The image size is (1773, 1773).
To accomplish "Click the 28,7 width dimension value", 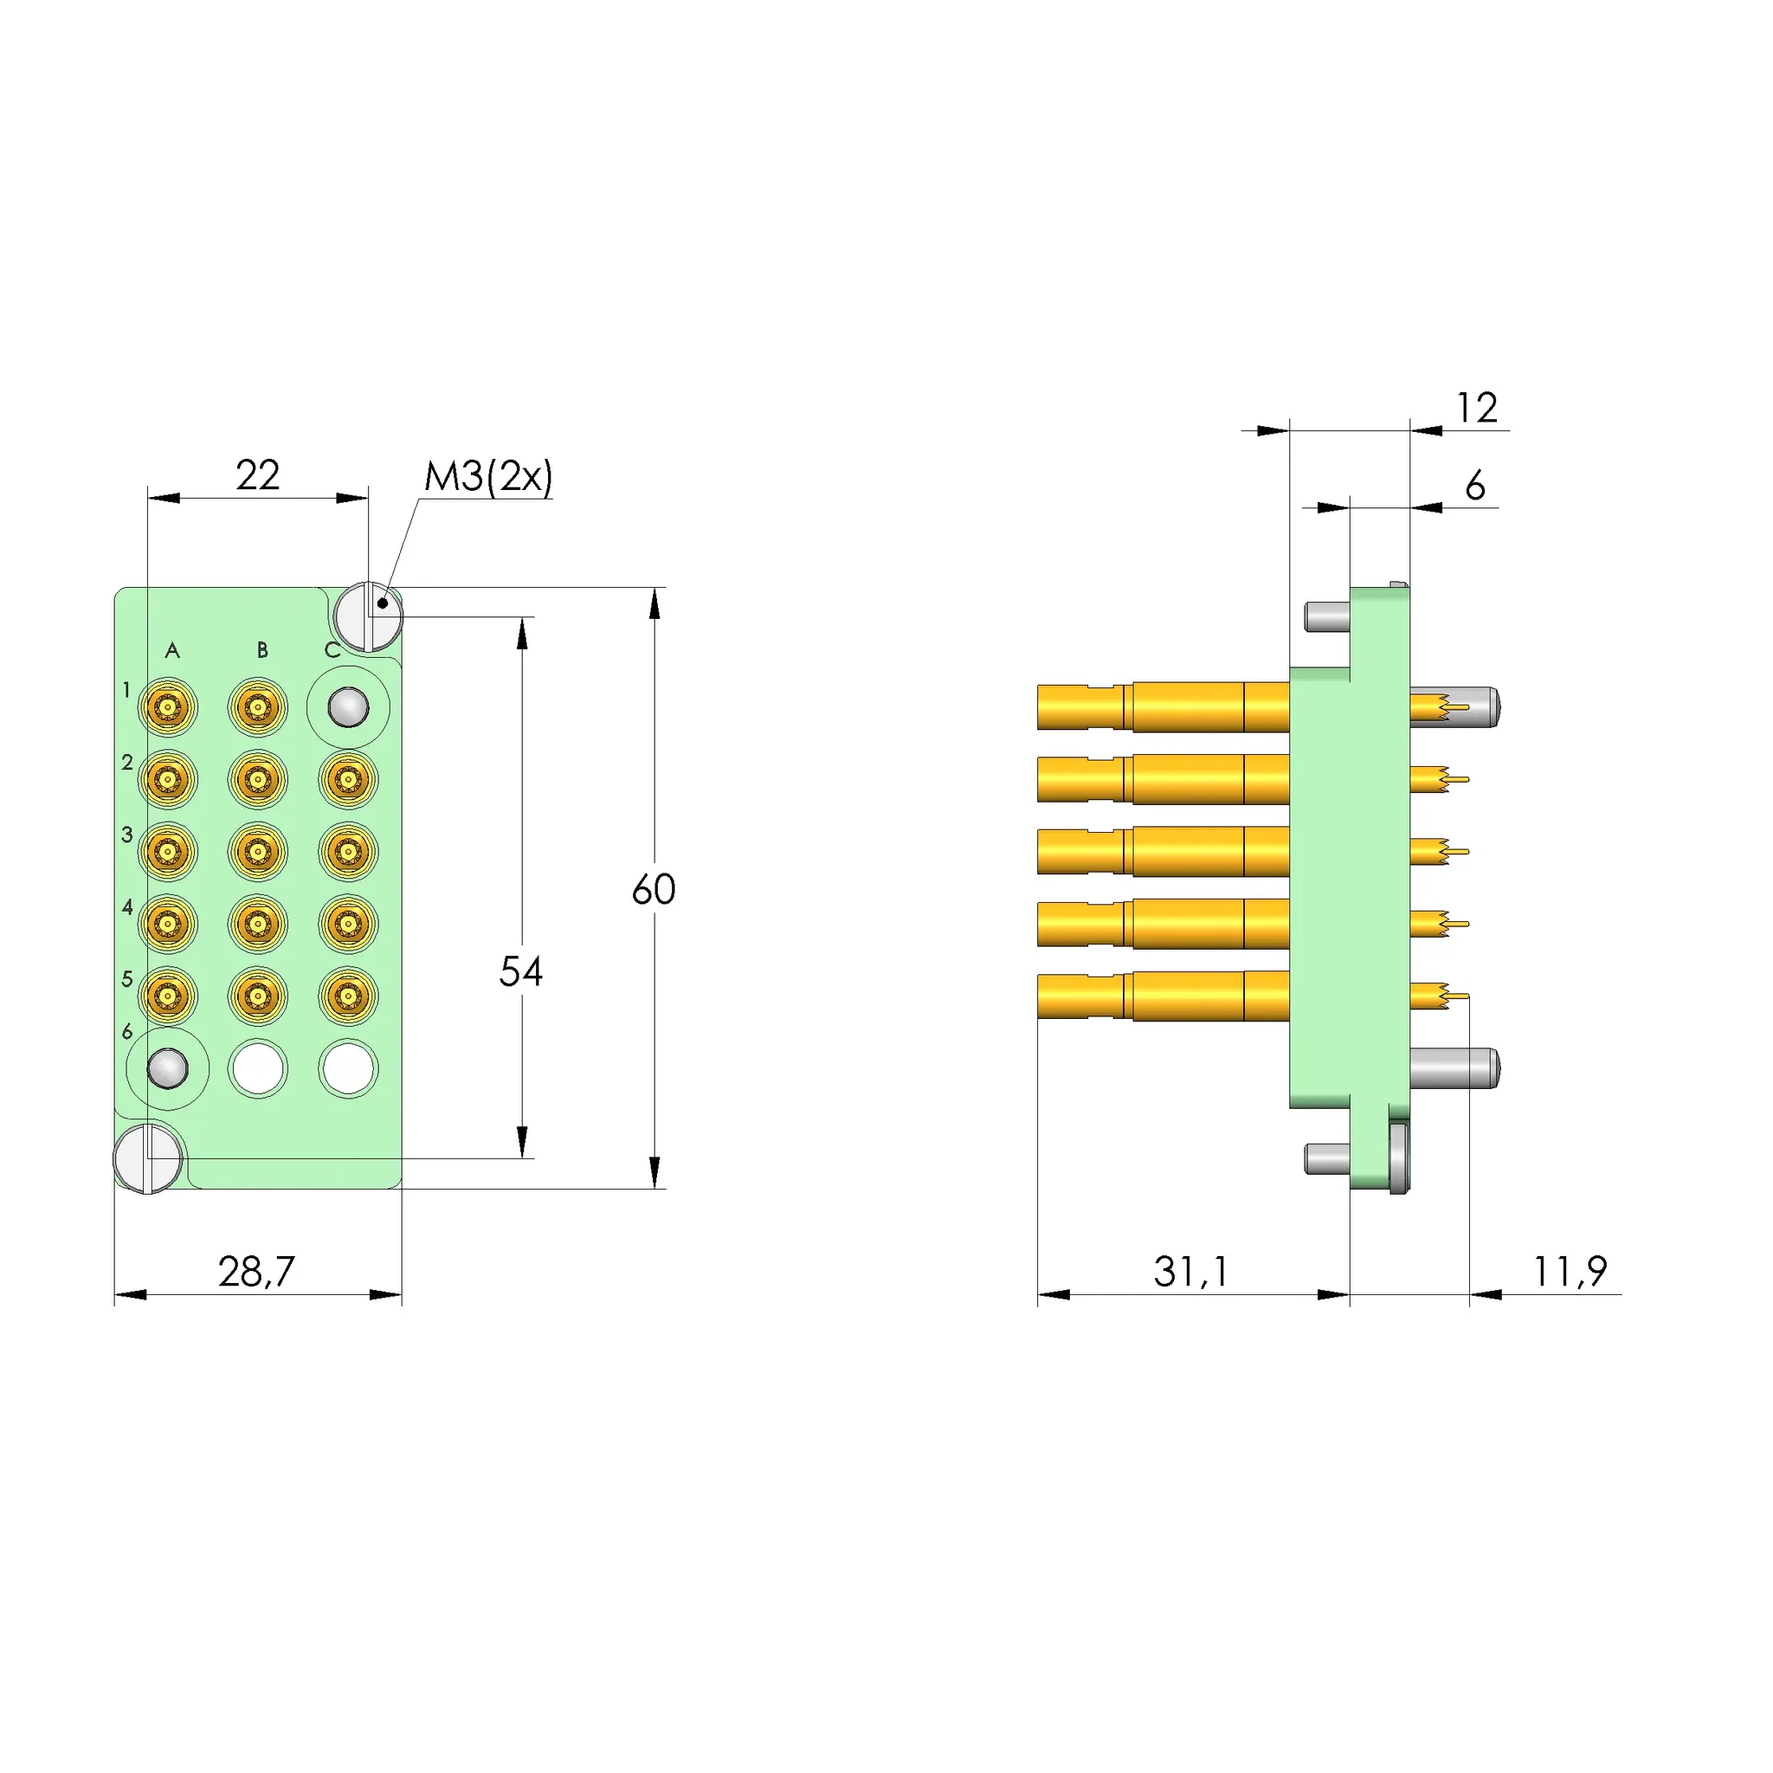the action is point(257,1272).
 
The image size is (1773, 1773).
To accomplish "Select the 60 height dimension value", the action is point(654,889).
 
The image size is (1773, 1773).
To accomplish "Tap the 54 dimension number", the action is point(520,972).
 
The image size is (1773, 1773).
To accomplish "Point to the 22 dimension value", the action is point(258,475).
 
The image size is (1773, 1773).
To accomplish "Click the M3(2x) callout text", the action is point(488,477).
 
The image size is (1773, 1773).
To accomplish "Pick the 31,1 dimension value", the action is point(1191,1272).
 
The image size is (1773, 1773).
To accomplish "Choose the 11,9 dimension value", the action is point(1570,1272).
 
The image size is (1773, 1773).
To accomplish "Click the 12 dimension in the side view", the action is point(1478,409).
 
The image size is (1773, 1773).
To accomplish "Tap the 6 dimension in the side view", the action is point(1474,486).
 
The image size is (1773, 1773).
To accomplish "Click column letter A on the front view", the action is point(172,651).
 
